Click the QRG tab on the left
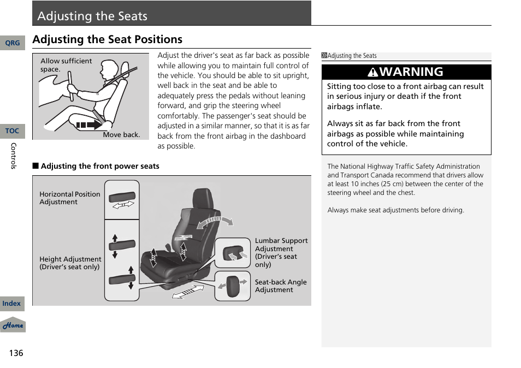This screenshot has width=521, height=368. tap(12, 43)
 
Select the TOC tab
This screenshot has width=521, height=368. tap(12, 131)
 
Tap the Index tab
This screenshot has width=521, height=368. tap(11, 304)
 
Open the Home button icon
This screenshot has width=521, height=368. tap(13, 325)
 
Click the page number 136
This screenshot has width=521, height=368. tap(16, 353)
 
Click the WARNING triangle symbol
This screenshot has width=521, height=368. tap(372, 72)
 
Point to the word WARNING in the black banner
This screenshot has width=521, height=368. tap(411, 72)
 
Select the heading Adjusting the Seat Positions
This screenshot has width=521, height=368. tap(107, 39)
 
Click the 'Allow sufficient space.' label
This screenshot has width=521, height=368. tap(66, 65)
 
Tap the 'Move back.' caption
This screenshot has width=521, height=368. tap(121, 134)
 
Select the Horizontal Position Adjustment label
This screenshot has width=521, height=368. tap(69, 198)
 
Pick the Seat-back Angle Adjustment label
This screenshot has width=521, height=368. tap(280, 286)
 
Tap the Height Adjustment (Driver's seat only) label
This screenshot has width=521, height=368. tap(70, 263)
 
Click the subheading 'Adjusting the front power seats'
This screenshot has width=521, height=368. tap(99, 166)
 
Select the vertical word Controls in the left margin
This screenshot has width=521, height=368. tap(14, 156)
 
